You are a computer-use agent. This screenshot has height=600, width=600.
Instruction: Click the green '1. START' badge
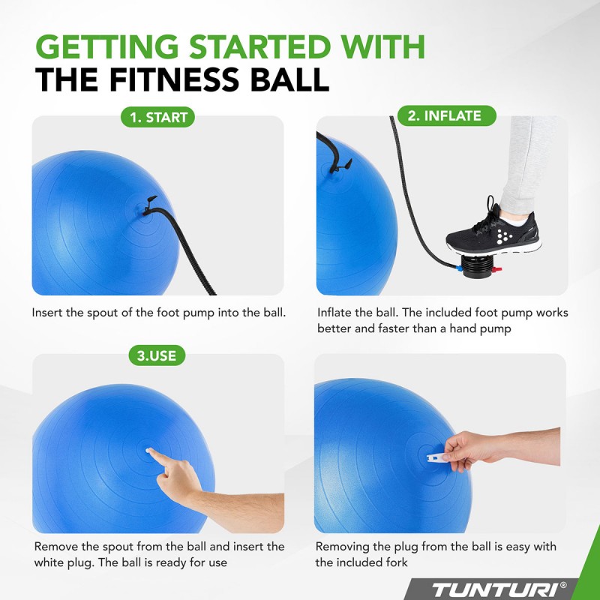pos(158,117)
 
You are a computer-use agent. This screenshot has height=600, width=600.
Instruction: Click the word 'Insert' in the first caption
pos(47,311)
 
